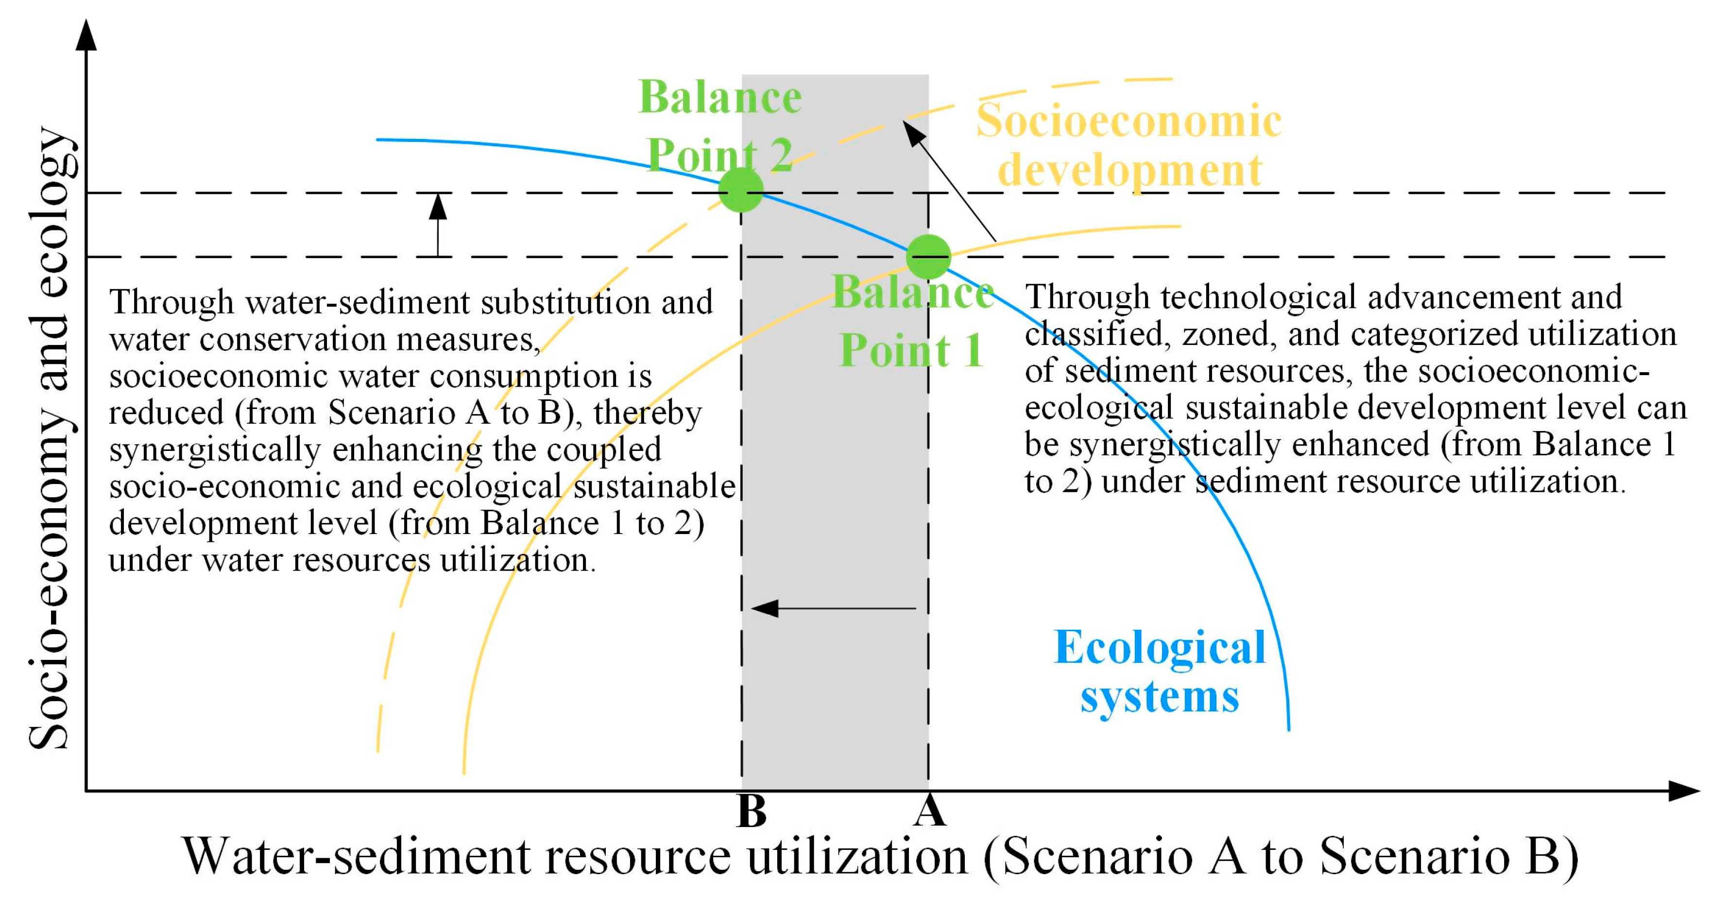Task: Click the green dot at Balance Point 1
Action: pyautogui.click(x=928, y=256)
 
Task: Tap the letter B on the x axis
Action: pyautogui.click(x=752, y=812)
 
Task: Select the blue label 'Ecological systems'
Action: pyautogui.click(x=1159, y=672)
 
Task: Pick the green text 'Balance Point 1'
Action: pyautogui.click(x=912, y=322)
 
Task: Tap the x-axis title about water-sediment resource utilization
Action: pyautogui.click(x=880, y=857)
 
